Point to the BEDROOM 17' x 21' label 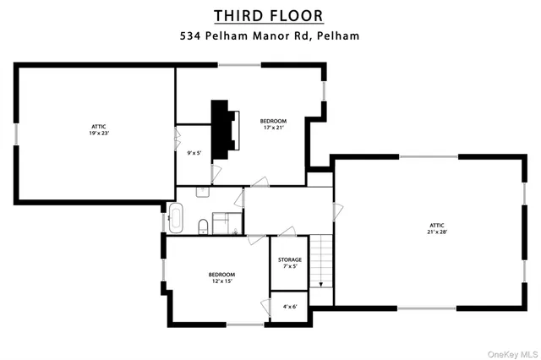273,124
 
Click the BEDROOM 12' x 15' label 221,277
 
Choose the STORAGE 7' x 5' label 290,263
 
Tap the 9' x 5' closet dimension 194,153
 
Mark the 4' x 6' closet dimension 290,306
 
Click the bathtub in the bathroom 176,218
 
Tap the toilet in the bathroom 204,226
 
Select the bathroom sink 203,193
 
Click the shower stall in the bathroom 223,223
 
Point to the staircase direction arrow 321,283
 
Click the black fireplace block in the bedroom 221,128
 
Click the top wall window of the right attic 429,156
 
